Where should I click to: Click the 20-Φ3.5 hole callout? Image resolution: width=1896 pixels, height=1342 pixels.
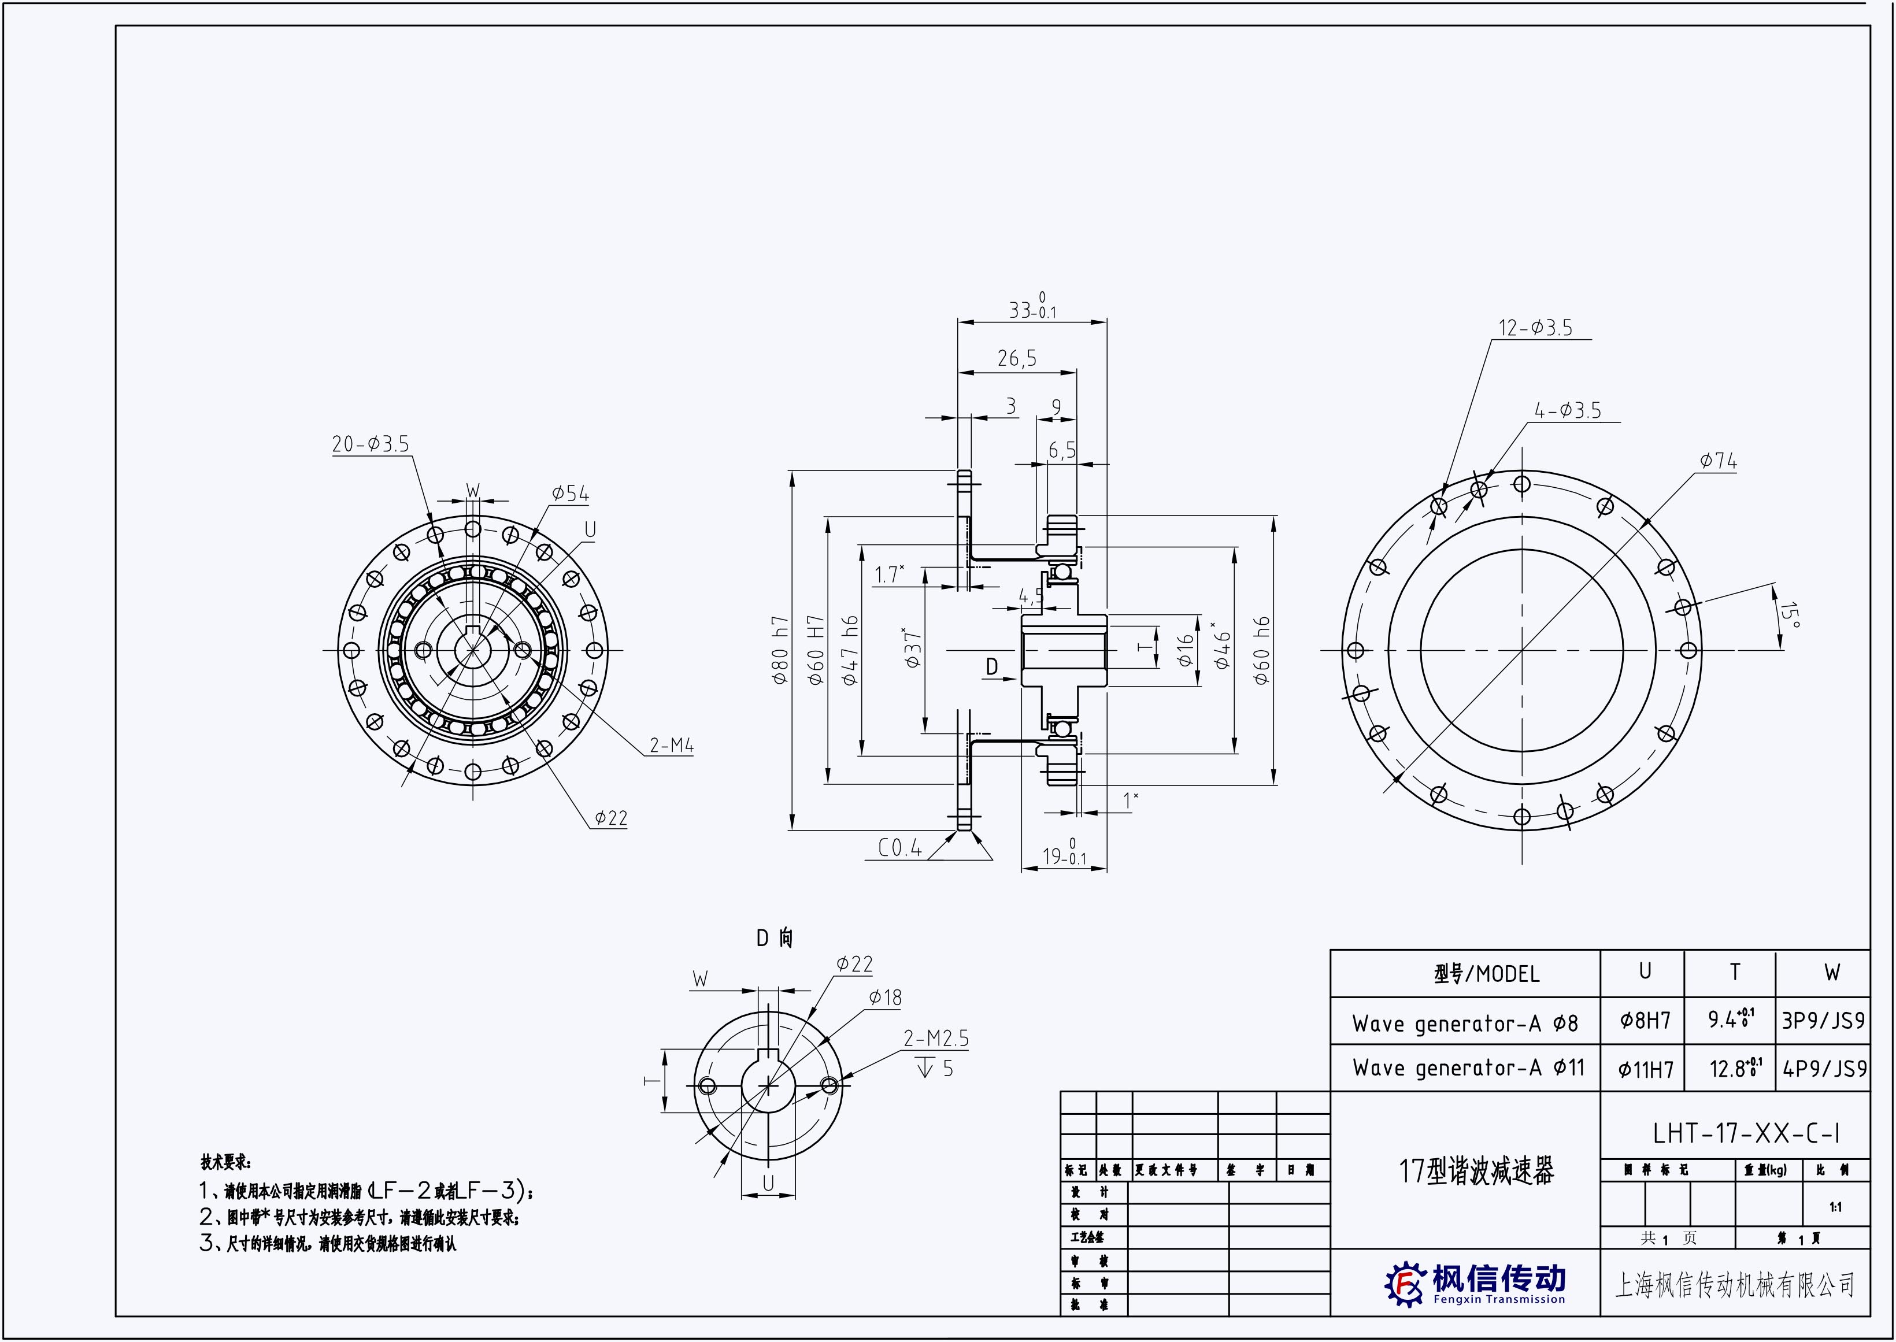[371, 444]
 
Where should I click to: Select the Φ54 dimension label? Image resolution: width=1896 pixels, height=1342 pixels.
[571, 494]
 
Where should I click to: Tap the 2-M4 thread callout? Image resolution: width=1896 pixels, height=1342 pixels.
[671, 746]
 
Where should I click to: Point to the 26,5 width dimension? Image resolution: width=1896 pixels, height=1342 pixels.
[1017, 359]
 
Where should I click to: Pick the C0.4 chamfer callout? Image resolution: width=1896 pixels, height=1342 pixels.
[900, 848]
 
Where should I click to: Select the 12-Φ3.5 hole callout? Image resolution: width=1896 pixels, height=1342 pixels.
[1536, 328]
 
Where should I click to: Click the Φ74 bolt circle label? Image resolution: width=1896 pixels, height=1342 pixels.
[1719, 461]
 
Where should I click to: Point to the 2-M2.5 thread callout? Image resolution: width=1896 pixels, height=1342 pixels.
[936, 1039]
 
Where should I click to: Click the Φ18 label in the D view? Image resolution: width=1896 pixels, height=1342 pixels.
[885, 998]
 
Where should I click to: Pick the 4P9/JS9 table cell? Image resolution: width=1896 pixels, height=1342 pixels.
[1824, 1069]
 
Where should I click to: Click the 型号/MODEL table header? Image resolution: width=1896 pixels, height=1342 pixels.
[1487, 974]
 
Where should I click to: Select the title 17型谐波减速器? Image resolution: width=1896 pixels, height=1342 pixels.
[1476, 1171]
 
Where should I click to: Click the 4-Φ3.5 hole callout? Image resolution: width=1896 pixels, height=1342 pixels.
[1568, 411]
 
